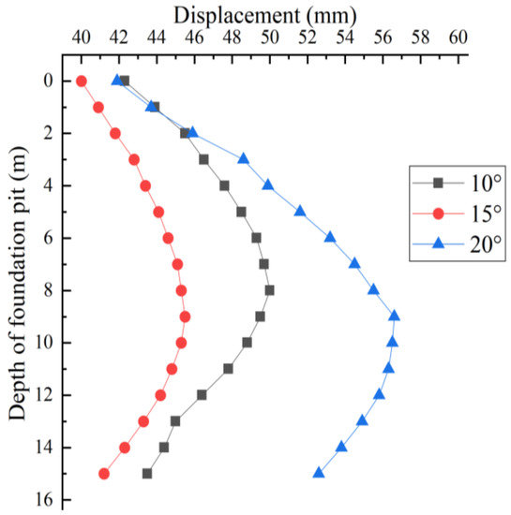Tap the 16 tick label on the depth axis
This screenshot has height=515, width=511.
point(39,500)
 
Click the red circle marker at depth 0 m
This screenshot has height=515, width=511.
point(82,81)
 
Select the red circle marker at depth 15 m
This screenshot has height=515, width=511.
point(104,474)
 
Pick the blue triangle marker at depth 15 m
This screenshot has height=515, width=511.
point(319,473)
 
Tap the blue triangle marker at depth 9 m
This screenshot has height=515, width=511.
point(395,316)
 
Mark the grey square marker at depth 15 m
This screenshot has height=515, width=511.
point(147,474)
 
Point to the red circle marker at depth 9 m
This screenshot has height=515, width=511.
point(185,316)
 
